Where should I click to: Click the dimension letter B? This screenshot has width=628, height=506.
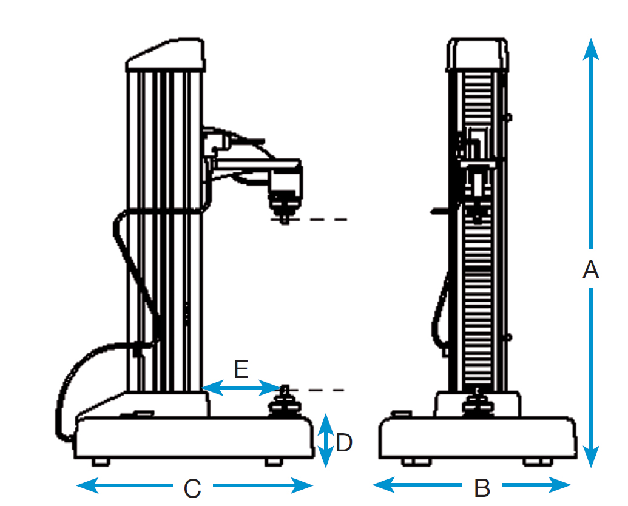coord(482,487)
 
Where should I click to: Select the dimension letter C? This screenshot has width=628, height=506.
coord(192,487)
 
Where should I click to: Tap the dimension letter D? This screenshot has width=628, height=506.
coord(344,443)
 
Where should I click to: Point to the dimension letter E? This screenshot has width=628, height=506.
coord(241,368)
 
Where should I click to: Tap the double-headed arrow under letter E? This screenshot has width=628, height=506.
coord(241,387)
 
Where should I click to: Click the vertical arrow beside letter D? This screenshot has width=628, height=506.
coord(326,441)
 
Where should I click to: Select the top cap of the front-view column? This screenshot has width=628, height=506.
coord(478,53)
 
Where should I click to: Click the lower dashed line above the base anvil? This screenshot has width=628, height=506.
coord(322,390)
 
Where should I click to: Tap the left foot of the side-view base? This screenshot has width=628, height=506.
coord(101,462)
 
